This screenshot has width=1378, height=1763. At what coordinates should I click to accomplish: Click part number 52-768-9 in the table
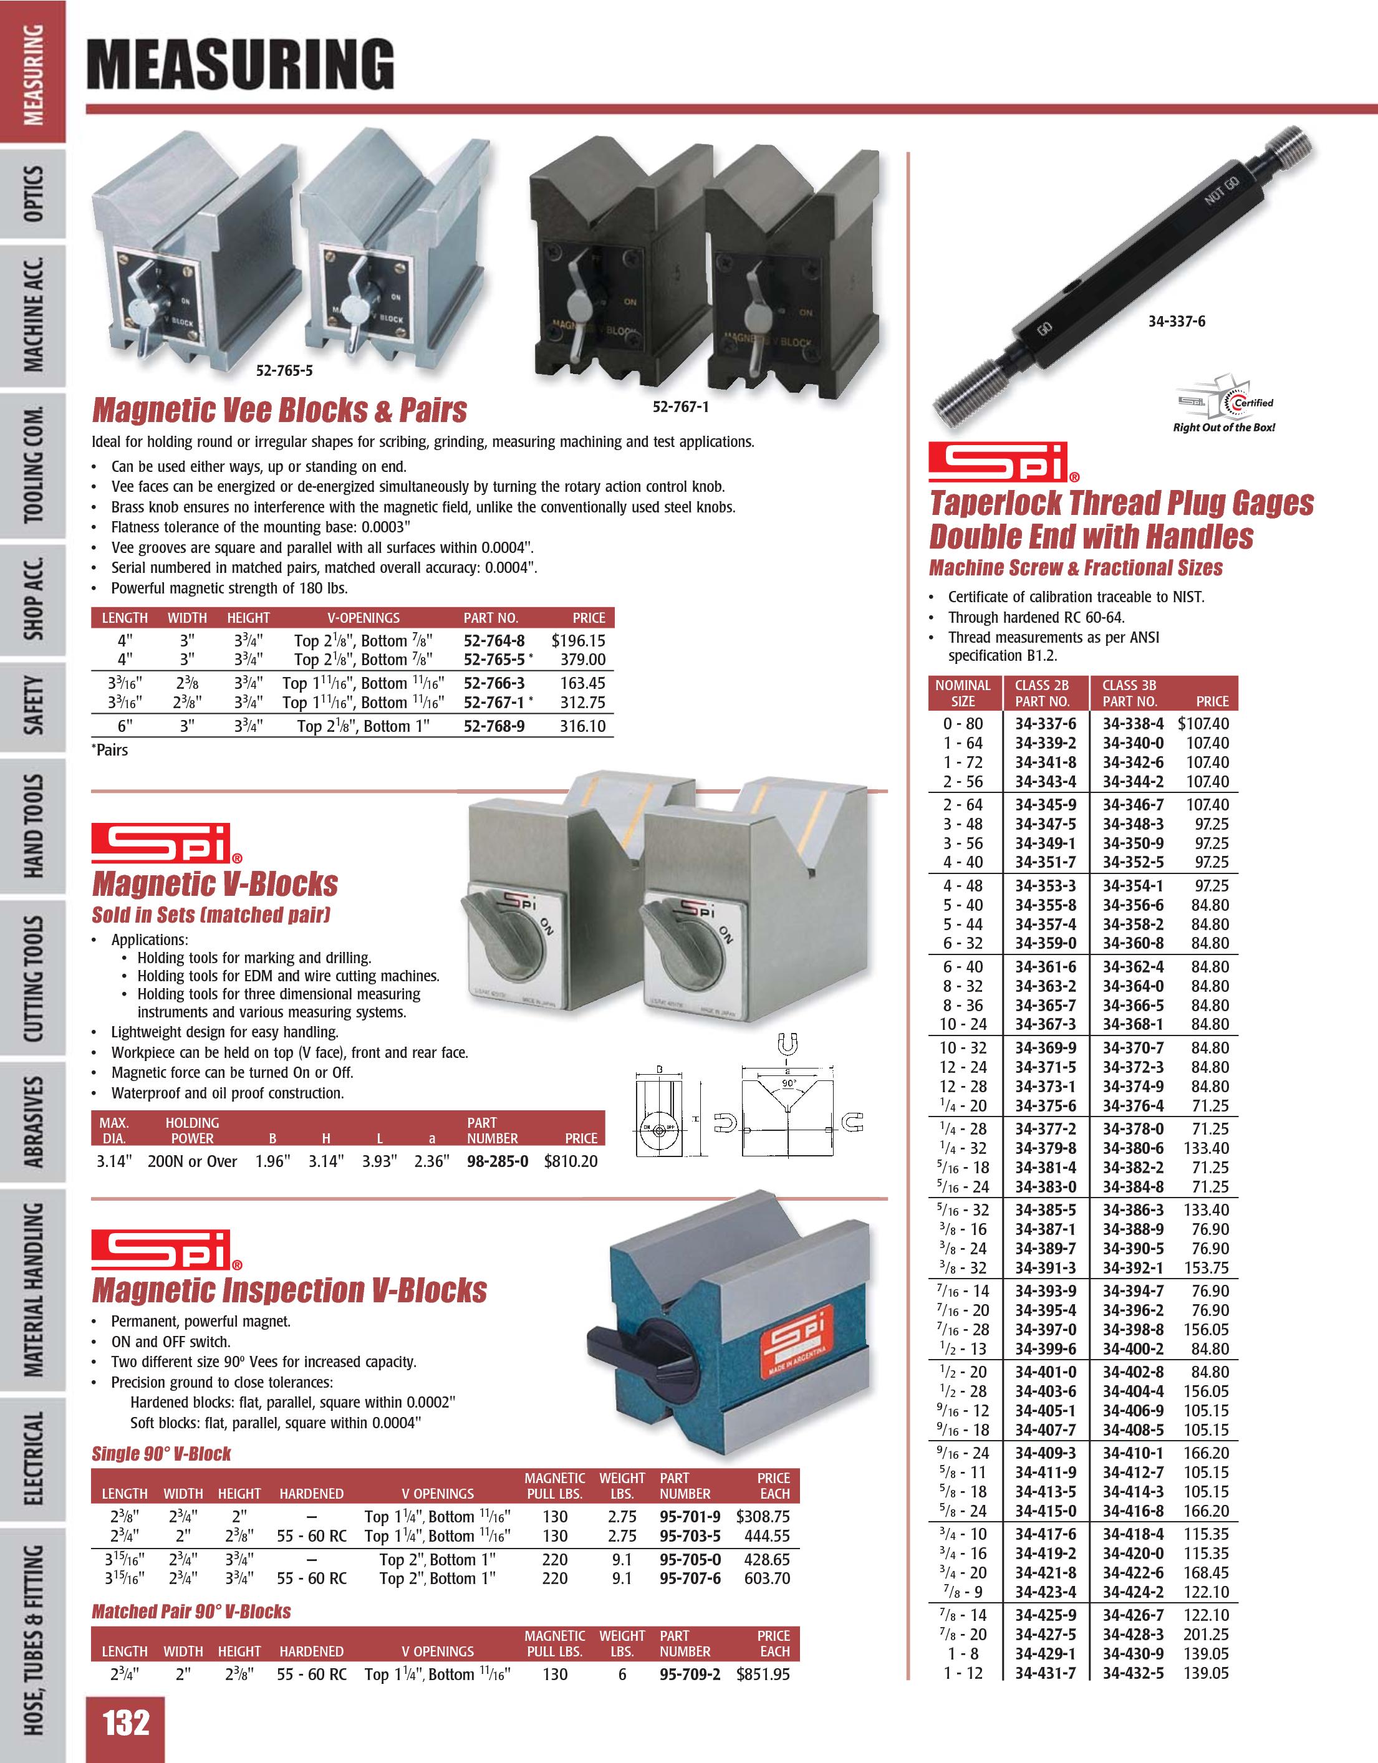tap(493, 726)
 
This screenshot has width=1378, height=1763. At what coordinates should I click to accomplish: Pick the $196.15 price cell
tap(578, 641)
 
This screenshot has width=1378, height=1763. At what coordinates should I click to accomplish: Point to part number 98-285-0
tap(498, 1161)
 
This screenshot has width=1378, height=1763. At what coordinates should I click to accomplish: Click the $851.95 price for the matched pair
tap(762, 1674)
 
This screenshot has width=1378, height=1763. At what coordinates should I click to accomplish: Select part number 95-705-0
tap(690, 1560)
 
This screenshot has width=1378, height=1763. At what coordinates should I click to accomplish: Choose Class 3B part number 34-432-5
tap(1132, 1673)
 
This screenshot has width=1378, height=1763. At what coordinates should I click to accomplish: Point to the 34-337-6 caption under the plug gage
tap(1176, 321)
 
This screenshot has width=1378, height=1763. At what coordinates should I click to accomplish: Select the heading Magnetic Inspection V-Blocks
tap(289, 1290)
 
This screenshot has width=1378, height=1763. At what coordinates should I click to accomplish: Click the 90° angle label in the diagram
tap(789, 1083)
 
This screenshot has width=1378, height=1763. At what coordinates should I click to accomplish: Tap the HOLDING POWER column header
tap(192, 1130)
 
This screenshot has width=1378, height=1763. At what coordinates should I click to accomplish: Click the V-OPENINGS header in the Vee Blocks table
tap(364, 618)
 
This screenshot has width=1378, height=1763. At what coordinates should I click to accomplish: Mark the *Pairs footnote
tap(110, 750)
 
